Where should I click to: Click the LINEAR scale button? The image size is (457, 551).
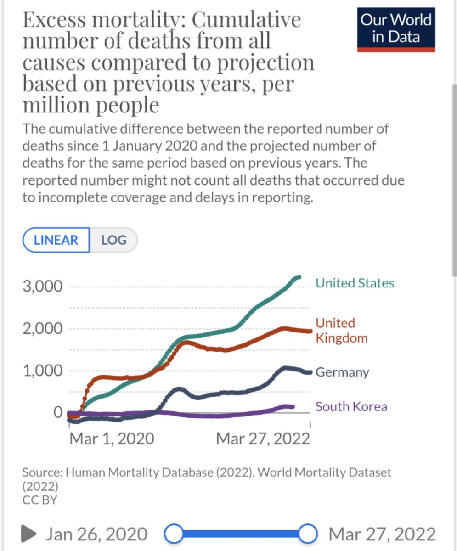pos(56,240)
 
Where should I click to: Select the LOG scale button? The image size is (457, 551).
pos(114,240)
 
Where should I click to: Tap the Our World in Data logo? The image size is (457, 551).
pos(396,29)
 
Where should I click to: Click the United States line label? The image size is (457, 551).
pos(355,283)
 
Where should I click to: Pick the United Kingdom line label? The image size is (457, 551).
pos(342,331)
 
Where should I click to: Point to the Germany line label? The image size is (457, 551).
pos(342,372)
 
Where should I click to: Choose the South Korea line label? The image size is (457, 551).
pos(351,407)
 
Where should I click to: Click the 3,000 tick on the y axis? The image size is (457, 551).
pos(43,286)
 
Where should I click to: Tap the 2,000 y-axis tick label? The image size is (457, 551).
pos(43,329)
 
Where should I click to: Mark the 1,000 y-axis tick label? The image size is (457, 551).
pos(43,371)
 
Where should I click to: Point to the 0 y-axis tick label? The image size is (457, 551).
pos(58,412)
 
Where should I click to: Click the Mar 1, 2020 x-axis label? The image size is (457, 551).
pos(112,439)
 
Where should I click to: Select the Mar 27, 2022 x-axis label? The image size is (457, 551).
pos(263,439)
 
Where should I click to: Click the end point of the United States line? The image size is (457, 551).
pos(299,277)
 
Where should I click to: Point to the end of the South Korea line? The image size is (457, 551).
pos(293,407)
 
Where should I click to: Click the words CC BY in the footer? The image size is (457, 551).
pos(40,500)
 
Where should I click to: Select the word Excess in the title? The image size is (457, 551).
pos(54,20)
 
